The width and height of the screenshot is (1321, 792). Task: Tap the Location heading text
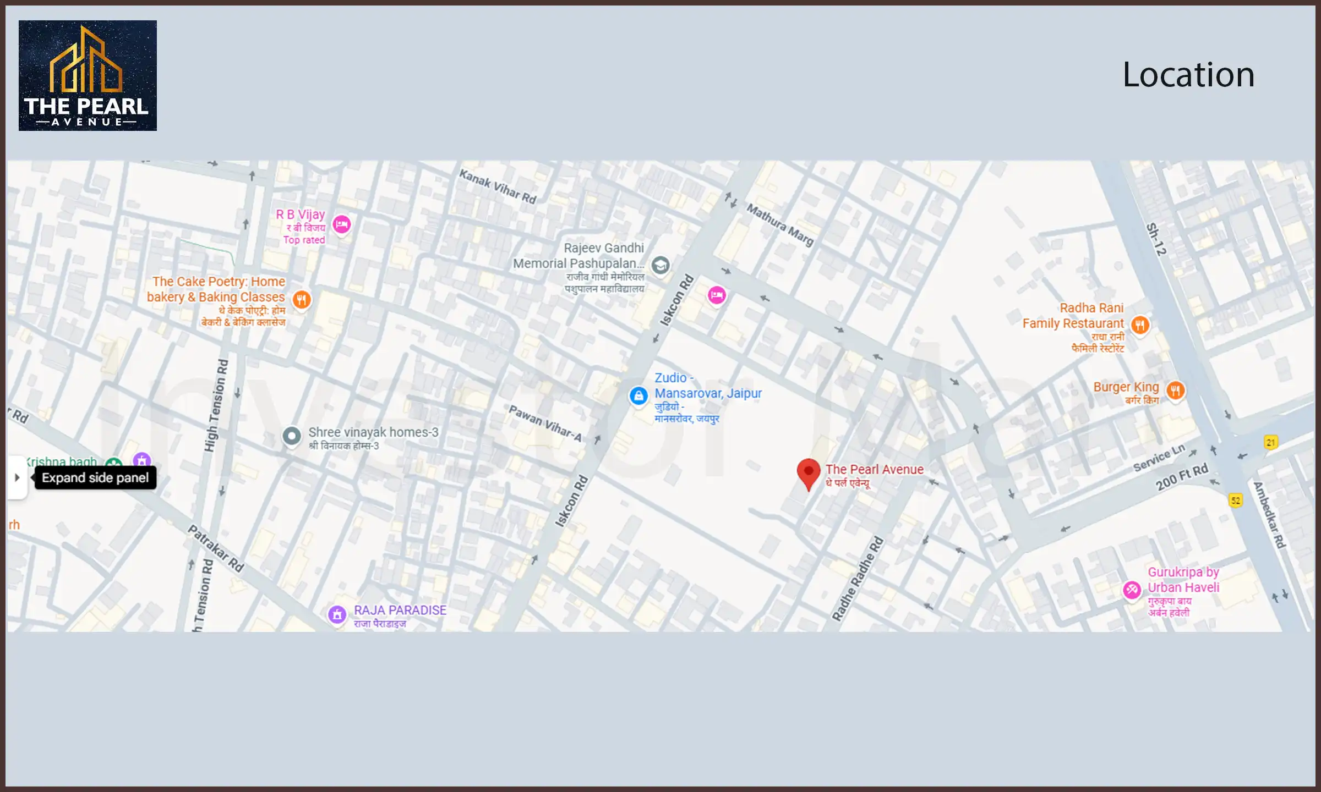click(x=1188, y=75)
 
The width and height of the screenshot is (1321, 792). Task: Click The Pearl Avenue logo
click(x=88, y=75)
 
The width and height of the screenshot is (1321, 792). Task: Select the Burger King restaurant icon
click(x=1175, y=391)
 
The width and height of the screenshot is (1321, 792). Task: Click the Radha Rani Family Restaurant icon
click(x=1140, y=325)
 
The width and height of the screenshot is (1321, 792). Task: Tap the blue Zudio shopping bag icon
click(x=638, y=395)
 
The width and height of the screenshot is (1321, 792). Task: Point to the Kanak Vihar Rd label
click(x=498, y=186)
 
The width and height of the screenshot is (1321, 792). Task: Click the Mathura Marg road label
click(x=779, y=224)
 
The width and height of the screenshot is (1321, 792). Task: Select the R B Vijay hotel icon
click(x=342, y=224)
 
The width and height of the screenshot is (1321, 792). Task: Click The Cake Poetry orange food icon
click(x=301, y=300)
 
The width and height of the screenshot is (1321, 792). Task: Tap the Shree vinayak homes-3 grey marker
click(x=292, y=436)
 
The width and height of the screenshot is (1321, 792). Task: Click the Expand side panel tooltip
click(x=95, y=477)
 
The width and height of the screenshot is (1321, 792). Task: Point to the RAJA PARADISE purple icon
click(x=337, y=614)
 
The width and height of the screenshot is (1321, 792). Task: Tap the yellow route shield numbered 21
click(x=1270, y=442)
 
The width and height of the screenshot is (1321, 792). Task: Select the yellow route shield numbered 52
click(x=1236, y=500)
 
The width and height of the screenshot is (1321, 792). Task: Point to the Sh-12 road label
click(x=1156, y=239)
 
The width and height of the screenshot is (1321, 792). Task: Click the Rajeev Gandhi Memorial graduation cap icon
click(x=660, y=265)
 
